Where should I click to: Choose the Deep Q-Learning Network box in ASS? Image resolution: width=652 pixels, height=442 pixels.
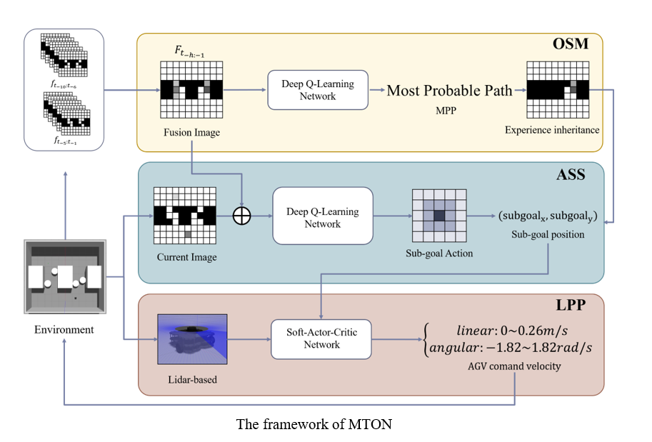point(323,217)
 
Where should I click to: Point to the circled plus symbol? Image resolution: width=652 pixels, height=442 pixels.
point(243,217)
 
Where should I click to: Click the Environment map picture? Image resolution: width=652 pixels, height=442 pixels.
point(64,278)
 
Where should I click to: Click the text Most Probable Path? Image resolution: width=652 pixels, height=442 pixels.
point(450,90)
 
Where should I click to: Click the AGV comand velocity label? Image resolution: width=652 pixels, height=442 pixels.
point(515,365)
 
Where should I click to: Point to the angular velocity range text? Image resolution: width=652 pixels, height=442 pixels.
point(514,347)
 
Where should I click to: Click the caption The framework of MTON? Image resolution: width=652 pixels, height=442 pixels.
point(314,424)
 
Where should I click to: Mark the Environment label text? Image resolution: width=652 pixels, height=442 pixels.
point(64,329)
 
